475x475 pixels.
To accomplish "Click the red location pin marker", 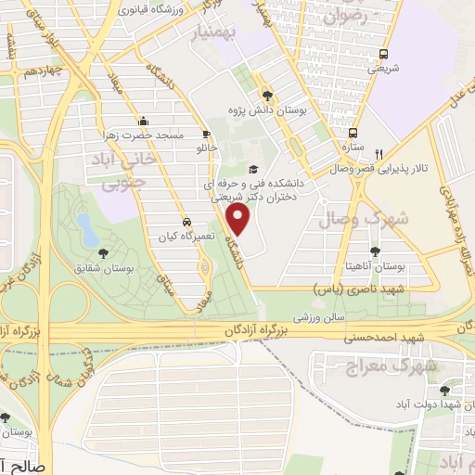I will (239, 220).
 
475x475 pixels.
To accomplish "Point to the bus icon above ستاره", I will (353, 133).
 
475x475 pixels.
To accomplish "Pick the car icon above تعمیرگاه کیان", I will (187, 223).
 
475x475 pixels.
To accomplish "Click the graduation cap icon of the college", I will (253, 169).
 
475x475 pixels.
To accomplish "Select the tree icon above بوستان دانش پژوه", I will (268, 95).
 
